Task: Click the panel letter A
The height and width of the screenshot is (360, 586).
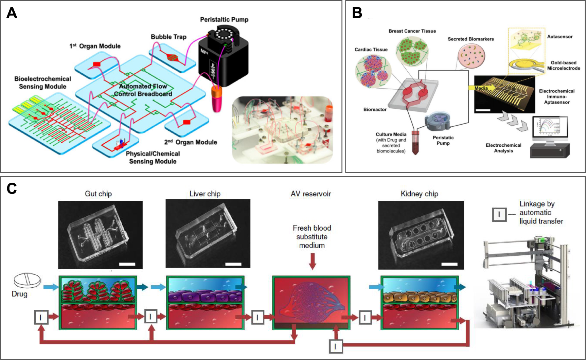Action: pyautogui.click(x=12, y=13)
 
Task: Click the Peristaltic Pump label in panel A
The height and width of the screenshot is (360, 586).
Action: pyautogui.click(x=224, y=20)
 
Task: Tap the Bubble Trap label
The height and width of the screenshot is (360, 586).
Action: pyautogui.click(x=168, y=37)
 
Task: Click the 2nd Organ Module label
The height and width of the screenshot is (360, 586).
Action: pyautogui.click(x=191, y=142)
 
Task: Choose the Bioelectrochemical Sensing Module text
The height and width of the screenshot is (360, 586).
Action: pyautogui.click(x=42, y=83)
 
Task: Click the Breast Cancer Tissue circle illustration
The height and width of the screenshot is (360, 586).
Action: pyautogui.click(x=412, y=51)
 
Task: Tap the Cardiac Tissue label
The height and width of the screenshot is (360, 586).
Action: pyautogui.click(x=371, y=50)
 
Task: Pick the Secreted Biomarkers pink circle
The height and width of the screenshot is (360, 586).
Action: pyautogui.click(x=471, y=55)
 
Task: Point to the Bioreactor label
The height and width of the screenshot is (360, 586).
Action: pyautogui.click(x=375, y=109)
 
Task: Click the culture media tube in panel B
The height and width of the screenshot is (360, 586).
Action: pyautogui.click(x=415, y=143)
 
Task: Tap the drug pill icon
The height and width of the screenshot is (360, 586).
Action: pyautogui.click(x=27, y=280)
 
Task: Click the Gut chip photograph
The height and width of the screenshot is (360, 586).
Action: pyautogui.click(x=100, y=235)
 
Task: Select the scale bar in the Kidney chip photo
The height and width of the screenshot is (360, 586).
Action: pyautogui.click(x=449, y=264)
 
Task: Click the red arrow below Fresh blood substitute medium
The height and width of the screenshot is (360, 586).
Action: pyautogui.click(x=313, y=261)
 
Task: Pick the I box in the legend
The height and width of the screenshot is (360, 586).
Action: pyautogui.click(x=499, y=215)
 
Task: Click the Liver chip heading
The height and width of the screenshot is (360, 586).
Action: pyautogui.click(x=205, y=194)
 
